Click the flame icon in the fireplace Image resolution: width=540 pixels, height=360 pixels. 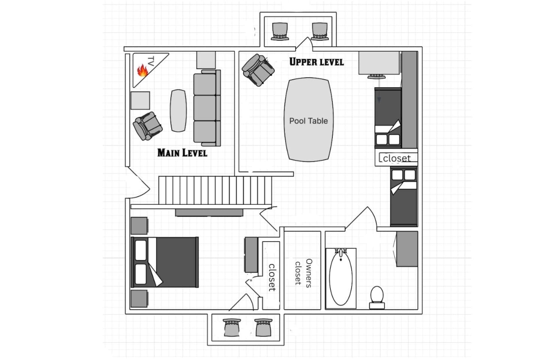(142, 70)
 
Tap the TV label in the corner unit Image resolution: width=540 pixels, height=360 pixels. (151, 61)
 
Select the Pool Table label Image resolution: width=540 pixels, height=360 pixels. (308, 121)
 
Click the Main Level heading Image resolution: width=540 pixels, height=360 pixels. (182, 153)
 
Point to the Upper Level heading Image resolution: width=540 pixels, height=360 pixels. (316, 62)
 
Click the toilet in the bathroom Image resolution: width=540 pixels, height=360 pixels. (377, 297)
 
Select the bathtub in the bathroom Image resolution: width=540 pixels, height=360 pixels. (341, 278)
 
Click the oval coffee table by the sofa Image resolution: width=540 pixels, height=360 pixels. (178, 111)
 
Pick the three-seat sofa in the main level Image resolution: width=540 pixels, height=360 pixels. (207, 108)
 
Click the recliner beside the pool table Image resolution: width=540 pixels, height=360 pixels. (258, 70)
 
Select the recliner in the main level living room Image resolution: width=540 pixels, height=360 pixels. (147, 126)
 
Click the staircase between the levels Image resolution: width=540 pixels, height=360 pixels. (215, 190)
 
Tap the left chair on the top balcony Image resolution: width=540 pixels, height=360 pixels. (280, 31)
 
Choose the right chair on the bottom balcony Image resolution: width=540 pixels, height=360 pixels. (263, 327)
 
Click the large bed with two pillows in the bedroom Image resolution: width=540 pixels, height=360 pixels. (165, 262)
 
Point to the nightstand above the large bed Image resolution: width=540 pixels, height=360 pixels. (139, 226)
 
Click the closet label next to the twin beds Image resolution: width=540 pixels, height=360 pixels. (397, 158)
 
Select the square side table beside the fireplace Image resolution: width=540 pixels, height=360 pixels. (140, 100)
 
